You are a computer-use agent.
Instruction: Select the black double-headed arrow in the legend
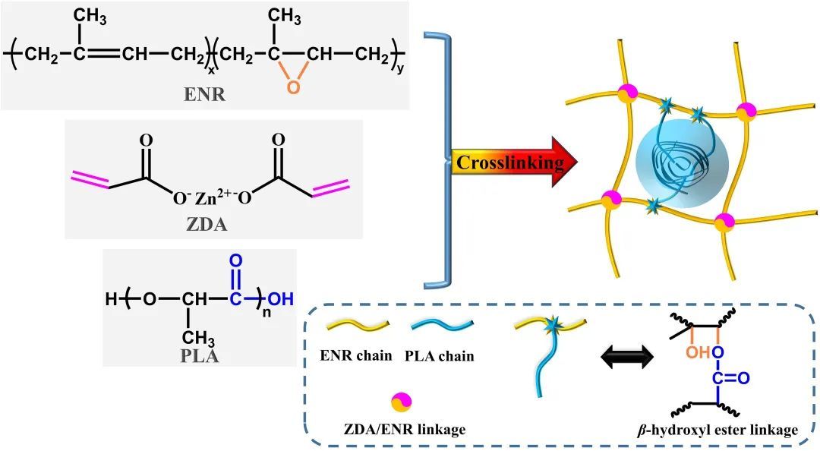tap(627, 355)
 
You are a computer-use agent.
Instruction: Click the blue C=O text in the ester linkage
tap(732, 377)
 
